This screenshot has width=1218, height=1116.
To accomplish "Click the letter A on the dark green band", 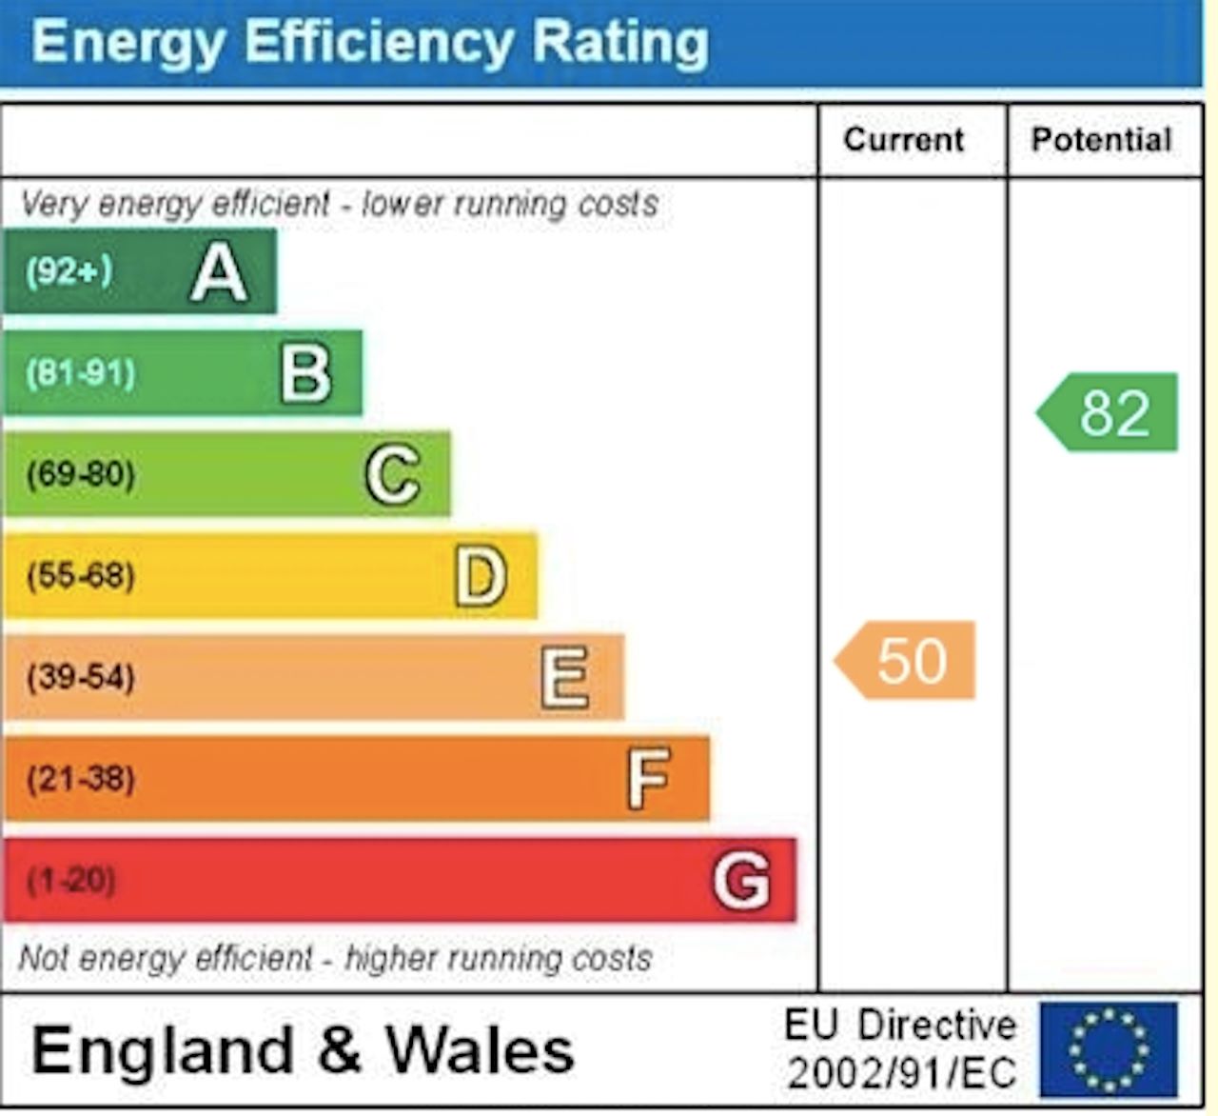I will coord(219,273).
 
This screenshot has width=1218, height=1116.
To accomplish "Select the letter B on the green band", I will coord(305,374).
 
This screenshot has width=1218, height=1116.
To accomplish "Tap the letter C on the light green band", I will coord(392,474).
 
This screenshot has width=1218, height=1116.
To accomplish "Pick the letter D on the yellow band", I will coord(480,576).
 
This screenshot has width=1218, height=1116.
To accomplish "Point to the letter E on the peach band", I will coord(565,677).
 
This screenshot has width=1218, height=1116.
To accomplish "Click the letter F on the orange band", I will coord(649,778).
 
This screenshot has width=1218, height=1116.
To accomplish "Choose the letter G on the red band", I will coord(741,880).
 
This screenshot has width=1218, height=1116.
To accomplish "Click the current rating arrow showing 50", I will coord(907,660).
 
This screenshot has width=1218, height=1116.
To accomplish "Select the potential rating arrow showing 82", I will coord(1109,412).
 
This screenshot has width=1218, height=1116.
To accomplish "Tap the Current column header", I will coord(904,140).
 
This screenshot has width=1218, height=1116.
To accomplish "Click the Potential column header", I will coord(1101,140).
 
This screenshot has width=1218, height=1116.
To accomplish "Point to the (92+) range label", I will coord(69,271).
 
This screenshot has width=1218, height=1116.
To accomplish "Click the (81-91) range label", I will coord(81,372).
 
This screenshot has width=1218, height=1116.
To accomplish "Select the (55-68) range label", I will coord(81,575).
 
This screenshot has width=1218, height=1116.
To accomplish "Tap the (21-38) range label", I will coord(81,779).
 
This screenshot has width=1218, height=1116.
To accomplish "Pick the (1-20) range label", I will coord(71,879).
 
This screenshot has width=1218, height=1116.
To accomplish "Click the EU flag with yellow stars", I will coord(1108,1048).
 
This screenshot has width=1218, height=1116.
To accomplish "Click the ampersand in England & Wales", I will coord(340,1049).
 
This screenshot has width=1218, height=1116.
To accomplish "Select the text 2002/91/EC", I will coord(901,1073).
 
